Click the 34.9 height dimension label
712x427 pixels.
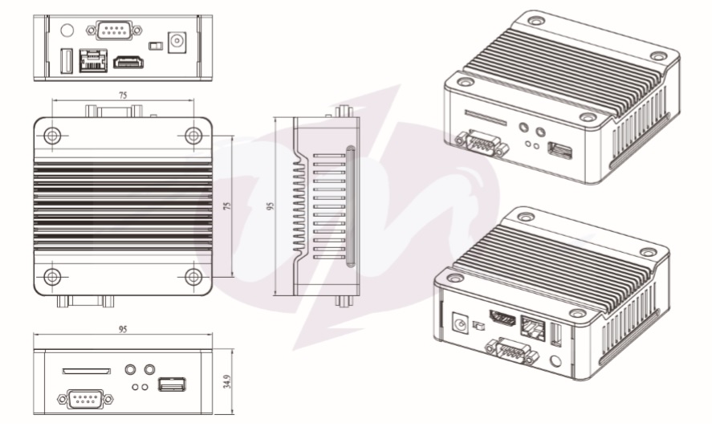pos(227,381)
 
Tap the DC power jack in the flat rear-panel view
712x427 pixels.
pos(177,43)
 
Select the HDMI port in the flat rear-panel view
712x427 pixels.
pos(128,63)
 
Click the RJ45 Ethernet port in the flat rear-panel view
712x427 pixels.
pos(93,60)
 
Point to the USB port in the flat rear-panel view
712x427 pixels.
pos(67,61)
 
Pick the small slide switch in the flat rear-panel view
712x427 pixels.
pos(155,46)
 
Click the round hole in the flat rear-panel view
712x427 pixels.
pos(67,31)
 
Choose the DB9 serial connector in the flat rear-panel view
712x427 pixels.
pos(114,31)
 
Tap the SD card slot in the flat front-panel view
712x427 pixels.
pos(86,371)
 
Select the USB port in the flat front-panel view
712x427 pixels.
pos(172,384)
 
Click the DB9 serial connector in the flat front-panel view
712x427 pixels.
pos(85,399)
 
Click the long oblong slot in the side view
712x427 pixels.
pos(351,207)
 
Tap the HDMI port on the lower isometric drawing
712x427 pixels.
pos(502,319)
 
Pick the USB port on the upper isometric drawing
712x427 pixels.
pos(559,151)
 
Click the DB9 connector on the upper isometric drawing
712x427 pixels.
pos(482,143)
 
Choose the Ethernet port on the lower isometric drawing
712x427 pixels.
pos(533,327)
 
